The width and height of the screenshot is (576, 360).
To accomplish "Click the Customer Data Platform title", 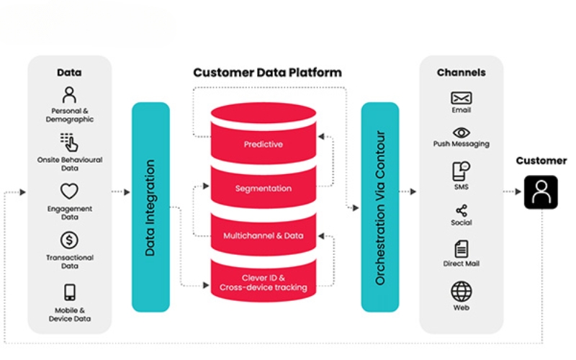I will tap(267, 73).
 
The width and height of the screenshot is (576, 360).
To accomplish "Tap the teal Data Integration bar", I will tap(150, 207).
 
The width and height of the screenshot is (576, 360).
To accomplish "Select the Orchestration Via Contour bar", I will tap(379, 207).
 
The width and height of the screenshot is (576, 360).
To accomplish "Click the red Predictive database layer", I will tap(263, 143).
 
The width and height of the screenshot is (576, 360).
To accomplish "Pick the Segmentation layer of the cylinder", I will tap(263, 189).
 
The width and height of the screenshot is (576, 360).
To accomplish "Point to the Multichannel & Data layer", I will tap(263, 235).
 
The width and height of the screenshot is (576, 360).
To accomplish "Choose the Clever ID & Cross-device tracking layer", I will tap(263, 282).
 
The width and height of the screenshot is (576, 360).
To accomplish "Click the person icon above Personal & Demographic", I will tap(69, 94).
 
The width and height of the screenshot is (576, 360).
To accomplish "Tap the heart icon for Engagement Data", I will tap(69, 191).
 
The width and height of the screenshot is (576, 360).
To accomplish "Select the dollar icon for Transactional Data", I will tap(69, 240).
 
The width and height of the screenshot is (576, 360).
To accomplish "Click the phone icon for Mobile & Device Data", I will tap(70, 292).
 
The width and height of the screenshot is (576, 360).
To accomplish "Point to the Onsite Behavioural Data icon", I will tap(69, 141).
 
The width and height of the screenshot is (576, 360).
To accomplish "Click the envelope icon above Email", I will tap(461, 98).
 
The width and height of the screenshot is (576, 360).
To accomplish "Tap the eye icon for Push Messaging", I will tap(461, 132).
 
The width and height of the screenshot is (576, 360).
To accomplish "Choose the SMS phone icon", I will tap(461, 171).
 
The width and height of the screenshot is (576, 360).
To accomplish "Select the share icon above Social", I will tap(461, 210).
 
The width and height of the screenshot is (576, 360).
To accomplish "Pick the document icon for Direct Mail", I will tap(461, 249).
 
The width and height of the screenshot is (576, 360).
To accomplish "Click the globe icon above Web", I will tap(461, 292).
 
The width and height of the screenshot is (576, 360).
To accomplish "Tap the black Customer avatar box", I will tap(541, 192).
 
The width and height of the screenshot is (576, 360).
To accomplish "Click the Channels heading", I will tap(461, 73).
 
